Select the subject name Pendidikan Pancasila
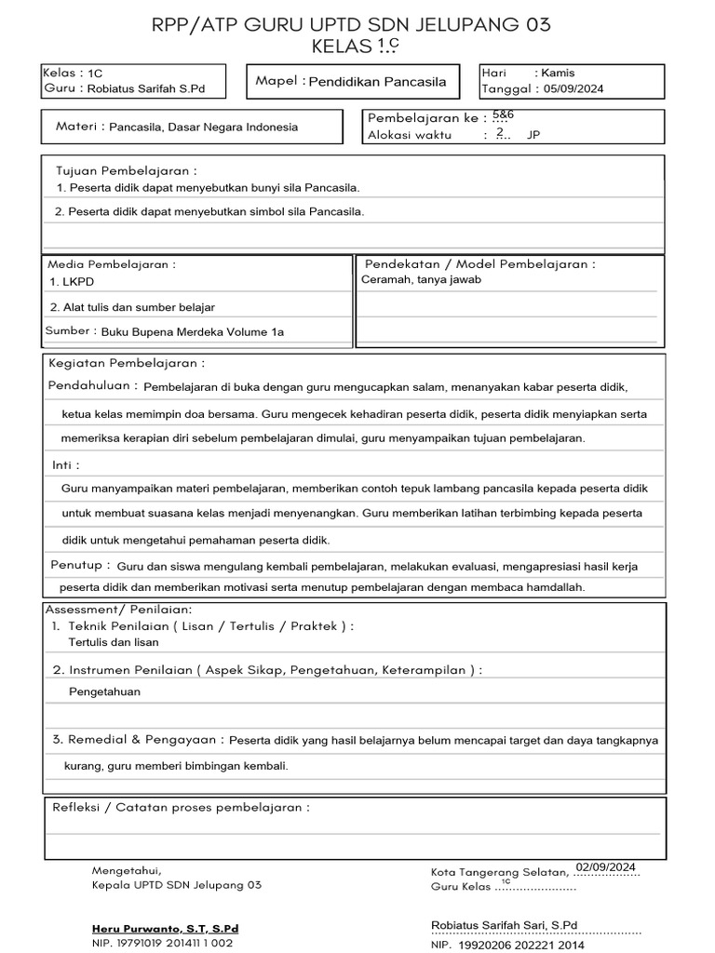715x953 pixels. click(377, 82)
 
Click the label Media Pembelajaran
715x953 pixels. click(111, 264)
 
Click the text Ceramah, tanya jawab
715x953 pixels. click(421, 279)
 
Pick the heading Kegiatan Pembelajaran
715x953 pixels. click(127, 363)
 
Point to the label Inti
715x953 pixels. click(65, 464)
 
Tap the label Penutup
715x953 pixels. click(80, 565)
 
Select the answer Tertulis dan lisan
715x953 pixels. click(114, 642)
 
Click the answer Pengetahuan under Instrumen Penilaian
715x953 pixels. click(104, 691)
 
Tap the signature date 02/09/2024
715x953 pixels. click(606, 867)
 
